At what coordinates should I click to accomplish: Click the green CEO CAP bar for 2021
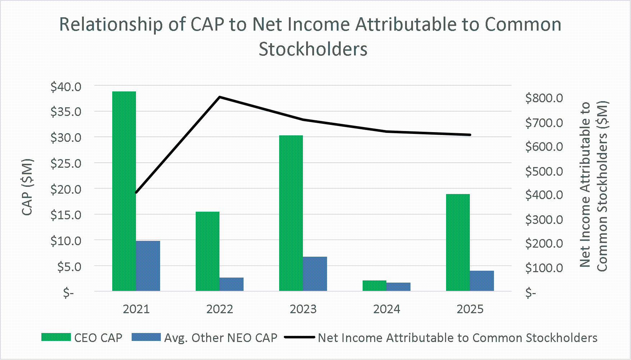coord(124,191)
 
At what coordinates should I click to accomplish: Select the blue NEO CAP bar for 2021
coord(148,266)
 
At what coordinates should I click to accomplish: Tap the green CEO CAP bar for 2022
coord(208,251)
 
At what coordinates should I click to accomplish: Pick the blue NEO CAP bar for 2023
coord(315,274)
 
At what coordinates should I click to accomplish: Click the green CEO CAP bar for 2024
coord(374,285)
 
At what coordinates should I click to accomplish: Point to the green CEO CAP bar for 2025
coord(458,242)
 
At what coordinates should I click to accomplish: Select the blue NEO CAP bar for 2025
coord(482,280)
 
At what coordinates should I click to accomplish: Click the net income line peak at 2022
coord(220,97)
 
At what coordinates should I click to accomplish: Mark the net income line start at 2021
coord(136,193)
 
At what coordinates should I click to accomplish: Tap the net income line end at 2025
coord(470,135)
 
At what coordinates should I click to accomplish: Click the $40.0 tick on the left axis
coord(66,87)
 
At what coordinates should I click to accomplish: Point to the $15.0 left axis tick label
coord(66,215)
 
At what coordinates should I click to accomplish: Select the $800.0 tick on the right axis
coord(544,98)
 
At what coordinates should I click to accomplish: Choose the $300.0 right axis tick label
coord(544,220)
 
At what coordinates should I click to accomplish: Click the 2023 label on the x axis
coord(303,309)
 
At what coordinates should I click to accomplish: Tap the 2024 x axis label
coord(386,309)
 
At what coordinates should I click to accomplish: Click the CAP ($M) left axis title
coord(27,187)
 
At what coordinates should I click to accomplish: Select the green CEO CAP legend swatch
coord(56,337)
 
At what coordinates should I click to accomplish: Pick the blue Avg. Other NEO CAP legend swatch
coord(146,337)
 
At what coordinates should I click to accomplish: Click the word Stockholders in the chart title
coord(313,49)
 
